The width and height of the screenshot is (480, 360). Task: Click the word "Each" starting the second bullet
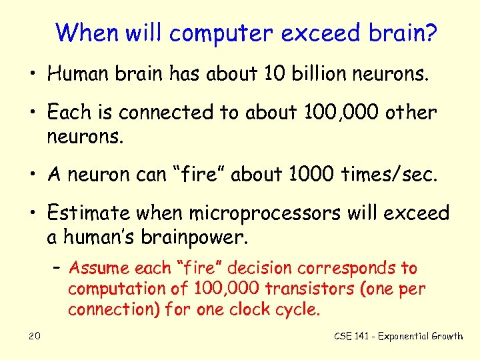pyautogui.click(x=68, y=113)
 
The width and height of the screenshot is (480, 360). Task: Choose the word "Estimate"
pyautogui.click(x=91, y=213)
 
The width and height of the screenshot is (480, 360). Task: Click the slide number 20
pyautogui.click(x=35, y=336)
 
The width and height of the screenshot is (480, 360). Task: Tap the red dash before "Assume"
pyautogui.click(x=59, y=269)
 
